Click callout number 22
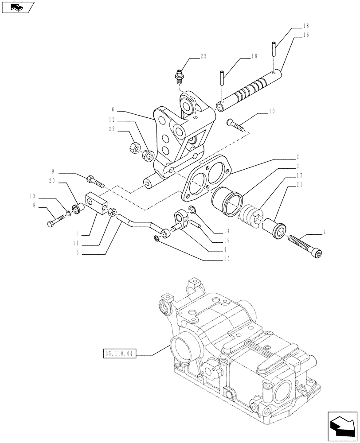203,56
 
